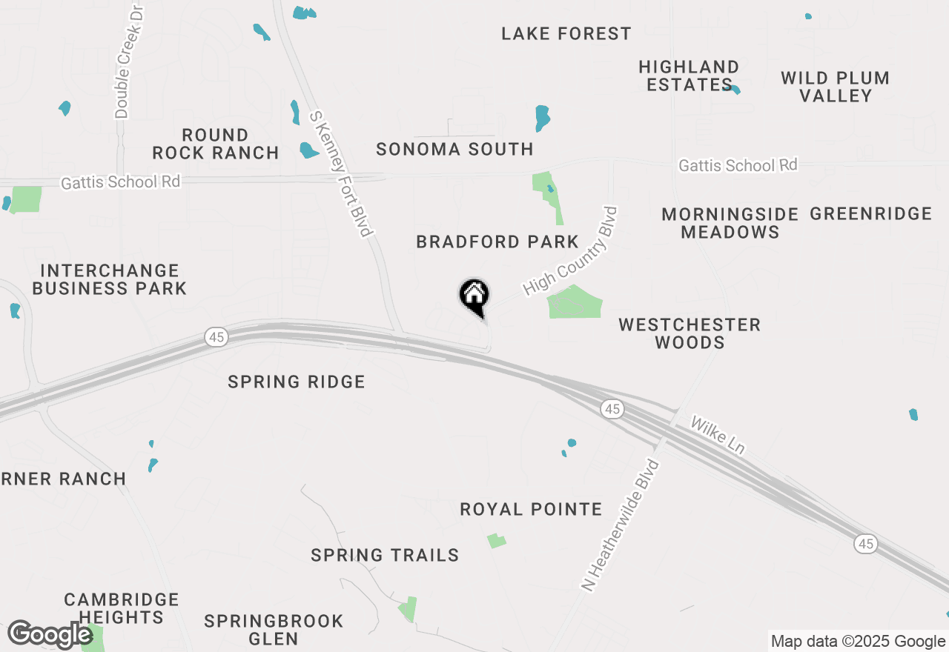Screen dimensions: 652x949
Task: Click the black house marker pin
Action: (474, 296)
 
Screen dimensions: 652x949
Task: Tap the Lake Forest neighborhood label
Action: (566, 34)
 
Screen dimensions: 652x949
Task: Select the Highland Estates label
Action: (689, 76)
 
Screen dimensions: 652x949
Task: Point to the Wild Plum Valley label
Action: (835, 87)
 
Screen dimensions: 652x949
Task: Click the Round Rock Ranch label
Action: (215, 144)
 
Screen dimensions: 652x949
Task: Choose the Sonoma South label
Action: (454, 150)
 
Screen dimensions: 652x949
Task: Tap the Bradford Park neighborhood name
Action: (497, 242)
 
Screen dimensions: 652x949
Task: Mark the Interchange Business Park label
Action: (109, 279)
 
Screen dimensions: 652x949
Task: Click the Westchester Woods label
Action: (690, 333)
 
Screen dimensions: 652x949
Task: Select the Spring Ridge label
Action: (297, 382)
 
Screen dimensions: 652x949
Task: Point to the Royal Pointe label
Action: (531, 510)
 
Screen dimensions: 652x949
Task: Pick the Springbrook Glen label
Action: (274, 630)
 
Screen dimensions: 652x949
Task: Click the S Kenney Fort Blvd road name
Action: (340, 175)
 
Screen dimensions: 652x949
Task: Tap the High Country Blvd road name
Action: (570, 251)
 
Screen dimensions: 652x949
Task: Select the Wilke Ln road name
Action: (717, 435)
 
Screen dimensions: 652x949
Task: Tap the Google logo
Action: (50, 635)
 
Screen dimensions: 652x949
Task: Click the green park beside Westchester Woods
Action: (575, 302)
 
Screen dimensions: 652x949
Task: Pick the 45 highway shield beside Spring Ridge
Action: (216, 338)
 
